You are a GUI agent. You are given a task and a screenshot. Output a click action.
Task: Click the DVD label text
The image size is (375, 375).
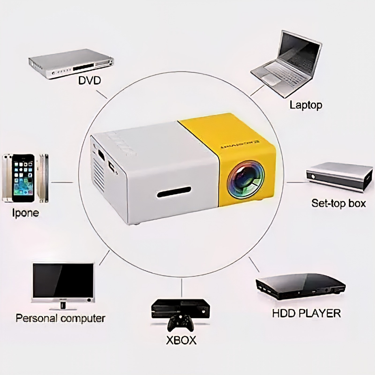(x=89, y=81)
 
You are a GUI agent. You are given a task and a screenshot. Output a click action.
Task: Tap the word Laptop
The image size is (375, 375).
(x=306, y=105)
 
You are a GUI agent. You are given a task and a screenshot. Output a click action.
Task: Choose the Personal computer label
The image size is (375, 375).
(x=60, y=318)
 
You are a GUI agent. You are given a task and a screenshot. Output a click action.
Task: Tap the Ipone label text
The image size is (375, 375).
(x=25, y=213)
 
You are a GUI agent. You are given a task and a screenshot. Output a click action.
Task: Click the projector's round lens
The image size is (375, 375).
(x=245, y=179)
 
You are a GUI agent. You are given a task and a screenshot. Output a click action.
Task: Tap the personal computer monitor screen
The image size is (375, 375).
(x=63, y=280)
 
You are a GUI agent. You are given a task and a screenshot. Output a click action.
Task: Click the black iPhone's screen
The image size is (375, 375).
(x=23, y=177)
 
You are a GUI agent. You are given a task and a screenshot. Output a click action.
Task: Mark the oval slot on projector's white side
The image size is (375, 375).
(x=174, y=192)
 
